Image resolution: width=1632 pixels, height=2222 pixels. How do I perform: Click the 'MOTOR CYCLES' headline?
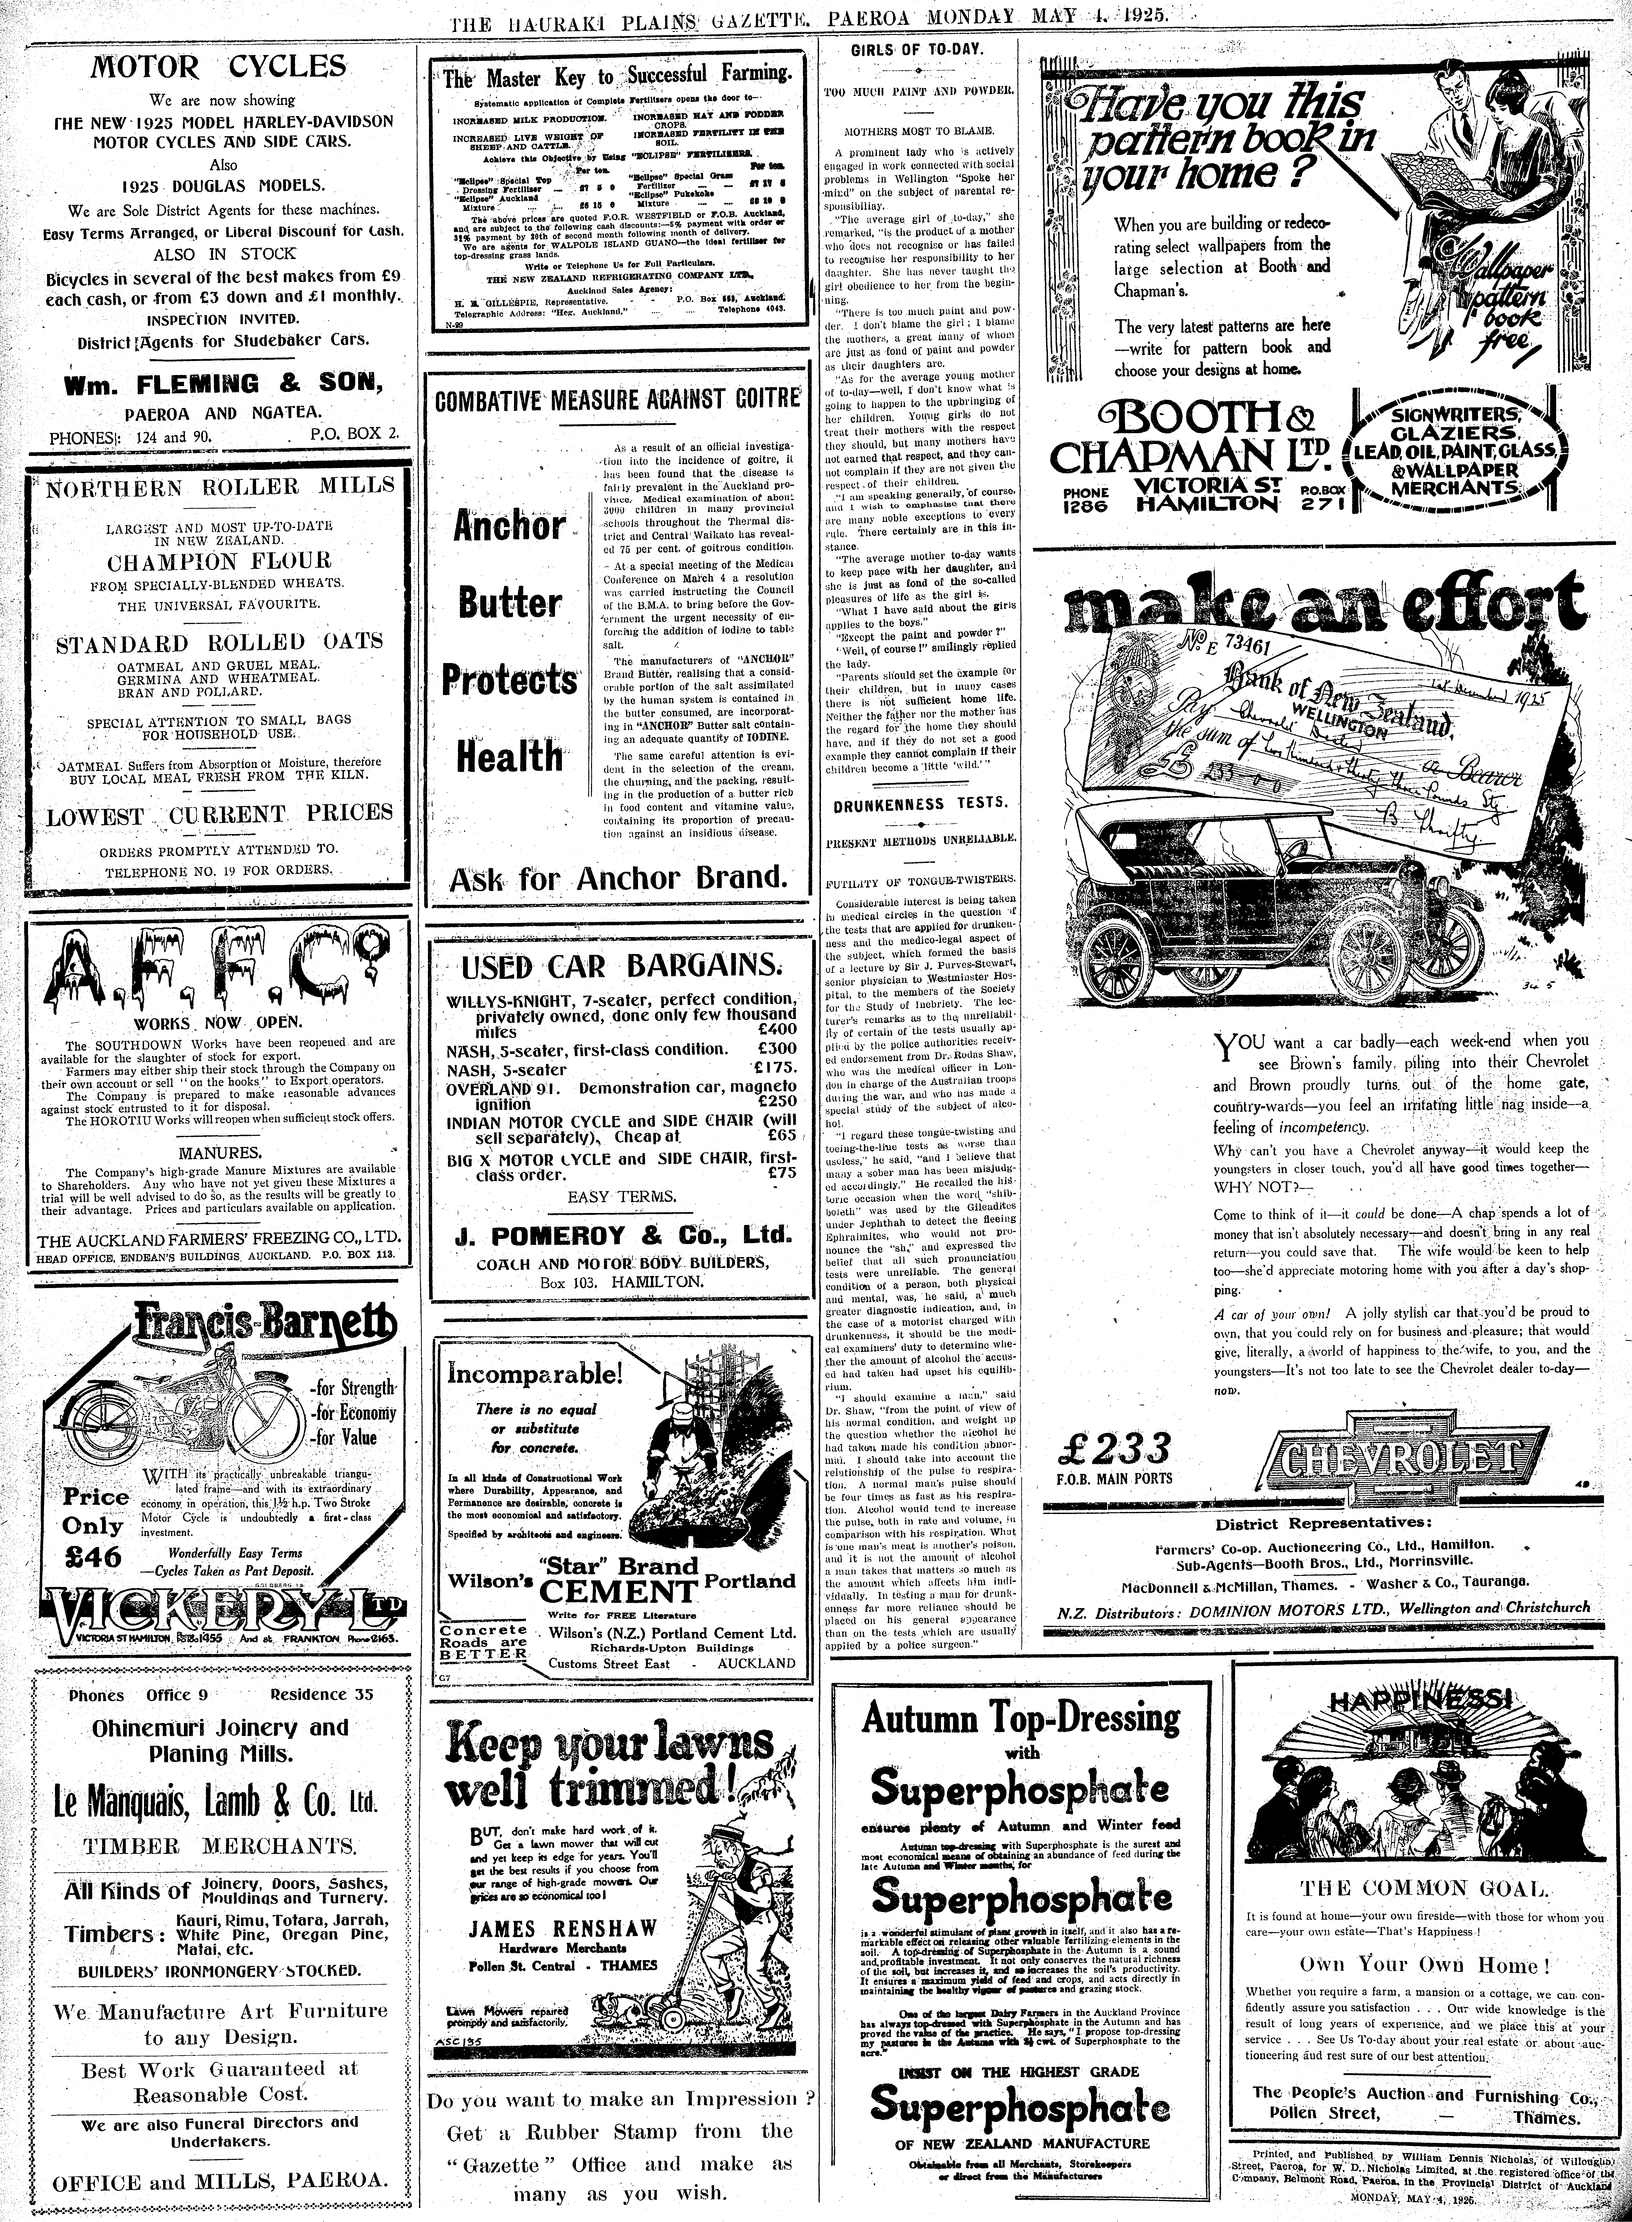tap(218, 67)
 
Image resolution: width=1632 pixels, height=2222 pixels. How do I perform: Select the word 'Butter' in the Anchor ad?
tap(509, 603)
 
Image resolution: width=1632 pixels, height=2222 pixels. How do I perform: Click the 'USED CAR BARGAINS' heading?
tap(616, 965)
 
